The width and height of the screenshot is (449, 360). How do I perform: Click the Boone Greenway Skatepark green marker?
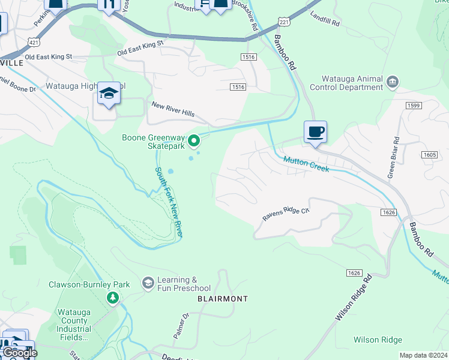pos(194,141)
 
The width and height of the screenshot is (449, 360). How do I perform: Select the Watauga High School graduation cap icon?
pos(109,94)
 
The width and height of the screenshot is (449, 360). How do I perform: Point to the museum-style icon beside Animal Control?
pos(393,81)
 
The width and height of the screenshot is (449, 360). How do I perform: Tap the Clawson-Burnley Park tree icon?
pos(112,298)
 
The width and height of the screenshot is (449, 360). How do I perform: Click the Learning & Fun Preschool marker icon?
pos(148,282)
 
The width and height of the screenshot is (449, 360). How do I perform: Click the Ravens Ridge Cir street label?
pos(285,214)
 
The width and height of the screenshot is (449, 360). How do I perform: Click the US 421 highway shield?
pos(34,41)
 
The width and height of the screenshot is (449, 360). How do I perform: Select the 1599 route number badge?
pos(414,105)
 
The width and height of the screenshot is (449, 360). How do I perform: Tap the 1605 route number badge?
pos(429,155)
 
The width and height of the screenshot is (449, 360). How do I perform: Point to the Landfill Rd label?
pos(325,19)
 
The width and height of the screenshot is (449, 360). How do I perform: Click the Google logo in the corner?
pos(20,353)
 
